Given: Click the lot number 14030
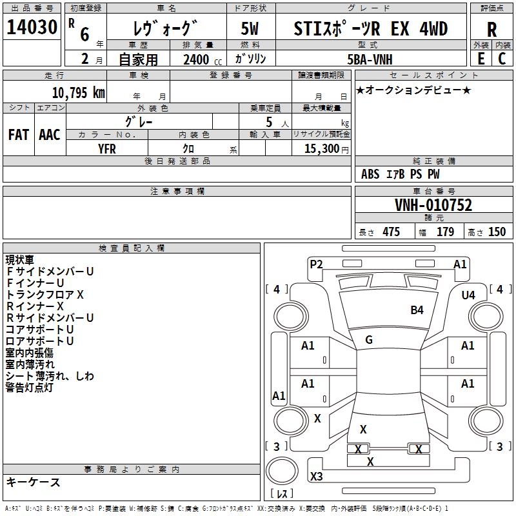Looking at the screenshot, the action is pyautogui.click(x=32, y=28).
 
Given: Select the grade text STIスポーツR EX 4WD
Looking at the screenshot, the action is pyautogui.click(x=371, y=28).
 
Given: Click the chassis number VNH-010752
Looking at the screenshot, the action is pyautogui.click(x=433, y=205).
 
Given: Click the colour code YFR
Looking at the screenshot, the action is pyautogui.click(x=107, y=148).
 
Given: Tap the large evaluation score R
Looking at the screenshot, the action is pyautogui.click(x=491, y=30).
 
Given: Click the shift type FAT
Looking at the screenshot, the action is pyautogui.click(x=18, y=134).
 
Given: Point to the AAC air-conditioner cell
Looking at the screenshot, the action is pyautogui.click(x=50, y=134).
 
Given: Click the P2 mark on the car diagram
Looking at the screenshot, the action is pyautogui.click(x=316, y=264).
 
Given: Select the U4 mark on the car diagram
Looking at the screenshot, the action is pyautogui.click(x=468, y=295).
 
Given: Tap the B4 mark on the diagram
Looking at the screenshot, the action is pyautogui.click(x=417, y=310).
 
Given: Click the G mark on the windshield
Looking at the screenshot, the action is pyautogui.click(x=369, y=339).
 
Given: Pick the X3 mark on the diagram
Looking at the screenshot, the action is pyautogui.click(x=316, y=477).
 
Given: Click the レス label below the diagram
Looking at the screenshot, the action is pyautogui.click(x=282, y=493).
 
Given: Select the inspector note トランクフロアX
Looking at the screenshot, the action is pyautogui.click(x=45, y=295).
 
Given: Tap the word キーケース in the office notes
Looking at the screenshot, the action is pyautogui.click(x=34, y=482).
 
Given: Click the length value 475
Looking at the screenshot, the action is pyautogui.click(x=391, y=232).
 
